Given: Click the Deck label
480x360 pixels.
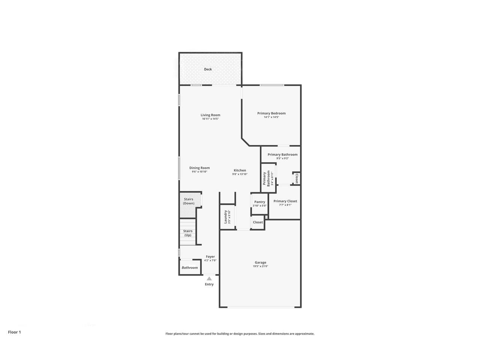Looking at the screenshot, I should point(208,69).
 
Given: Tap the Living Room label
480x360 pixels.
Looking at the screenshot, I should point(210,115).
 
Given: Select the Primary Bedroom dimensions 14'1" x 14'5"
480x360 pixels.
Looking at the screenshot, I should point(271,117).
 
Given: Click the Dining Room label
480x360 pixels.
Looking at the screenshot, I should point(199,168).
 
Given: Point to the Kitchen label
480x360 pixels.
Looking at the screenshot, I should point(240,170).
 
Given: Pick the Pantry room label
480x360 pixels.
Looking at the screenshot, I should point(259,202).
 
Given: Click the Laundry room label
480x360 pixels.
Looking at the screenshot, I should point(226,216).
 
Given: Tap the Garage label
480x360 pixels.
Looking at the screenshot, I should point(260,262).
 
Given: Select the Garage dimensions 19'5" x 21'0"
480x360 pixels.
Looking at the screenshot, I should point(260,267).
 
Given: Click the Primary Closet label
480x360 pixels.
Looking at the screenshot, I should point(285,201).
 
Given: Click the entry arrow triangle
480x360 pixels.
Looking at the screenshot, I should point(209,279).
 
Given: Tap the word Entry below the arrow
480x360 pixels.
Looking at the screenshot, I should point(209,284).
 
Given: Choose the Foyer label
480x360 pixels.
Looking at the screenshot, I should point(210,256).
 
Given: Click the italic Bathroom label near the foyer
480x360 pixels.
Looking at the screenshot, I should point(189,268).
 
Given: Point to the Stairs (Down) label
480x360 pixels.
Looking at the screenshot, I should point(189,201).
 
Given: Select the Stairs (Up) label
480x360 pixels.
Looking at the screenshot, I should point(188,233).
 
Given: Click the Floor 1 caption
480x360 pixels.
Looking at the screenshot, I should point(15,332).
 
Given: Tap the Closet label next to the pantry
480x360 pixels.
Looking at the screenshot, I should point(258,222).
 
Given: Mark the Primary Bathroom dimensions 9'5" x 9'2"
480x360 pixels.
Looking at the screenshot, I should point(282,159).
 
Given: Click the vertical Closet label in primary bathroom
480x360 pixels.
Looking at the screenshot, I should point(297,178).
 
